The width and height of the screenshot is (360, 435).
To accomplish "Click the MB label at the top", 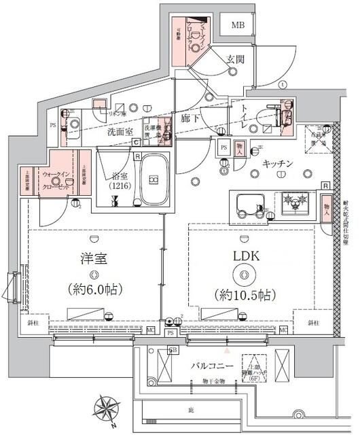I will click(x=238, y=26).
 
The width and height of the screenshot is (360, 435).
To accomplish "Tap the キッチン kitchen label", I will click(x=276, y=163).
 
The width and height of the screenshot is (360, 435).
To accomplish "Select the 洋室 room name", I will click(x=93, y=260).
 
